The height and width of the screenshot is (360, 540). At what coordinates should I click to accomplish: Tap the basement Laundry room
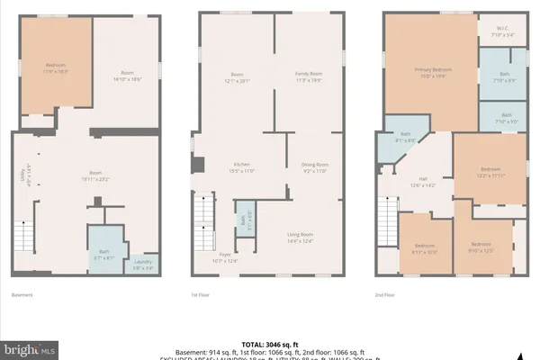(141, 265)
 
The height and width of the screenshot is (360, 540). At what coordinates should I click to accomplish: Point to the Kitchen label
(240, 166)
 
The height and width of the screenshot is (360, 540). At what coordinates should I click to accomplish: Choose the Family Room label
(308, 76)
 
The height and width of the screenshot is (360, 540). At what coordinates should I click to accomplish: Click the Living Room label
(300, 238)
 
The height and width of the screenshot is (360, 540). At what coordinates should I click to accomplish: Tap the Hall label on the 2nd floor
(422, 181)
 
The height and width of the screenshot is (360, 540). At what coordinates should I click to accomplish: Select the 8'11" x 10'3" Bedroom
(425, 249)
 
